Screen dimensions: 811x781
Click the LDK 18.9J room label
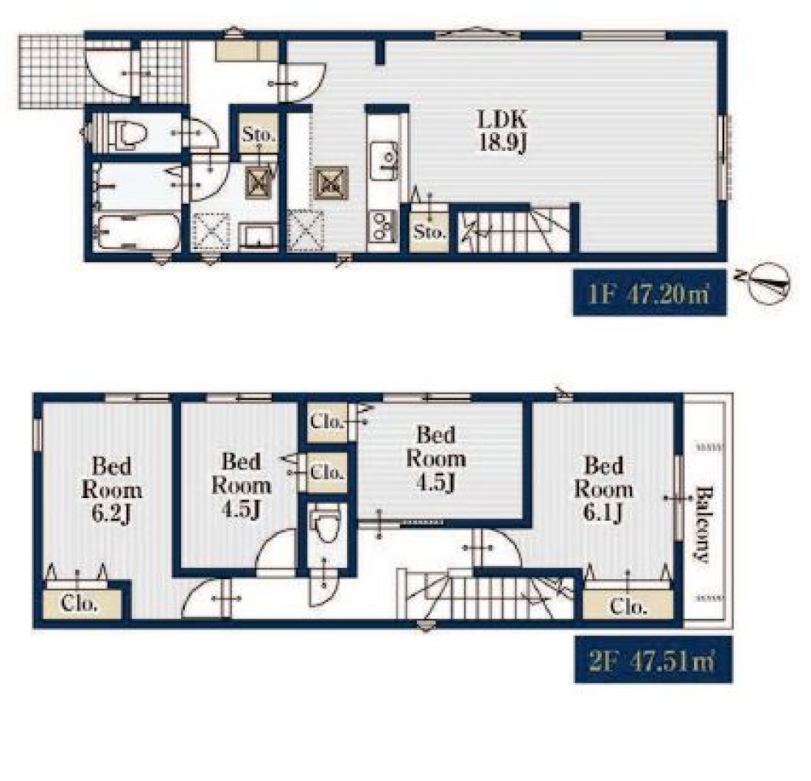[502, 131]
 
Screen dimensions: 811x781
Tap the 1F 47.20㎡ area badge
[650, 293]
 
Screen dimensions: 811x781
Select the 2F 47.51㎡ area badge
[653, 660]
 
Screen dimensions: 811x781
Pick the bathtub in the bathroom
[138, 232]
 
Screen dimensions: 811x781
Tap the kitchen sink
[384, 161]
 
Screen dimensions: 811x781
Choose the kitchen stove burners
[382, 226]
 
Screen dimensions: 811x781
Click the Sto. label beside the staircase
[429, 231]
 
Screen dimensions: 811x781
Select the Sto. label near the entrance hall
[259, 135]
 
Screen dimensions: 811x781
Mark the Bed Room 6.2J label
[111, 489]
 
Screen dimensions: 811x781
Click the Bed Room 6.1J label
[603, 488]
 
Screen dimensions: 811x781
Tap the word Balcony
[703, 523]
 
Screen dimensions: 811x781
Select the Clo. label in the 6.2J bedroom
[79, 603]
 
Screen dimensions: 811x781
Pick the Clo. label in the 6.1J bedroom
[628, 605]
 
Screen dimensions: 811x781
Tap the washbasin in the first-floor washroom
[259, 238]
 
